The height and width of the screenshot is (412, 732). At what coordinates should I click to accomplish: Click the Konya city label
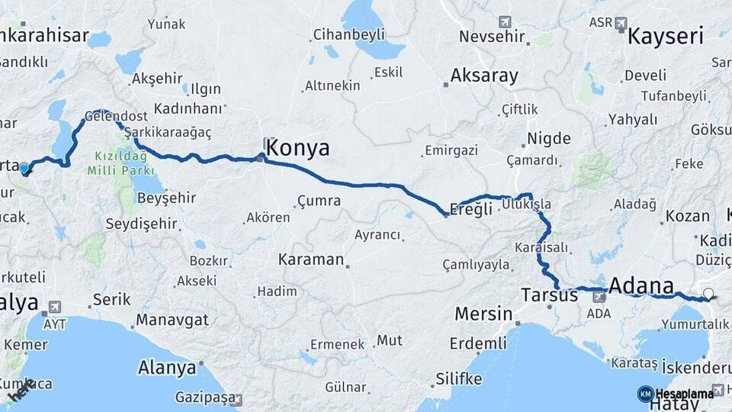coord(297,148)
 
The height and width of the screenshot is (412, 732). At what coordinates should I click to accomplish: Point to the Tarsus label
coord(549,295)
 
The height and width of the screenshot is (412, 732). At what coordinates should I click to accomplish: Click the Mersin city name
coord(483,314)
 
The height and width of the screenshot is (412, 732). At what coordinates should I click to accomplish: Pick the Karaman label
coord(311,259)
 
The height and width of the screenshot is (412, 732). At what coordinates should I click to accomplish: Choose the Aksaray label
coord(484,76)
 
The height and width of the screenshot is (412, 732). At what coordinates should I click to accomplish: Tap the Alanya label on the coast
coord(166,368)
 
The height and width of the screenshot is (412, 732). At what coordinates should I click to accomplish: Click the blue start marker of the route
coord(24,168)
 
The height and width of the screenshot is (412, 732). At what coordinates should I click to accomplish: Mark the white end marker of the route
coord(708,294)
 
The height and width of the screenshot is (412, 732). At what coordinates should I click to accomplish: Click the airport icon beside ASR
coord(621,23)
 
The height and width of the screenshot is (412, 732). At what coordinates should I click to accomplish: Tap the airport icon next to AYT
coord(54,307)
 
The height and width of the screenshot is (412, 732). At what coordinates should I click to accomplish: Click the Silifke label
coord(458,378)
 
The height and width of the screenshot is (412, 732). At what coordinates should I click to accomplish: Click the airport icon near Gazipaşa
coord(239,399)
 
